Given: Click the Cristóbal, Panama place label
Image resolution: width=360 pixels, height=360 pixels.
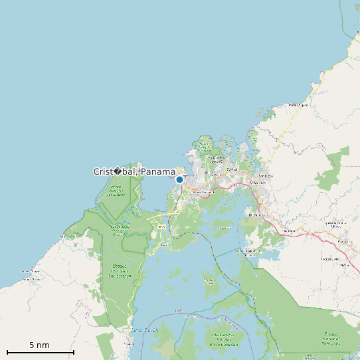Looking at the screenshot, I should [x=134, y=171].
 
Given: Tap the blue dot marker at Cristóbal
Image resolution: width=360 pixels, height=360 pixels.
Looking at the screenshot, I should [x=179, y=179].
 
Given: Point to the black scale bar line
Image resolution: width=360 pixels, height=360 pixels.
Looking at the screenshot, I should [x=41, y=351].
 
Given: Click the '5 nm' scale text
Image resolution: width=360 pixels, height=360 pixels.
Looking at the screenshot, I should [x=39, y=345].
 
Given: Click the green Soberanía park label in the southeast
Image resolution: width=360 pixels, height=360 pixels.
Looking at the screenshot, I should [x=331, y=339].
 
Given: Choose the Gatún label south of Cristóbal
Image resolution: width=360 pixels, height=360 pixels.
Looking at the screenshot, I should [x=161, y=226].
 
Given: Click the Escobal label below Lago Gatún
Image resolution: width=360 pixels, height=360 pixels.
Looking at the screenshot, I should [x=128, y=345].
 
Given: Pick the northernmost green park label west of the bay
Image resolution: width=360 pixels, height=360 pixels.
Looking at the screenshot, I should [x=116, y=192].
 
